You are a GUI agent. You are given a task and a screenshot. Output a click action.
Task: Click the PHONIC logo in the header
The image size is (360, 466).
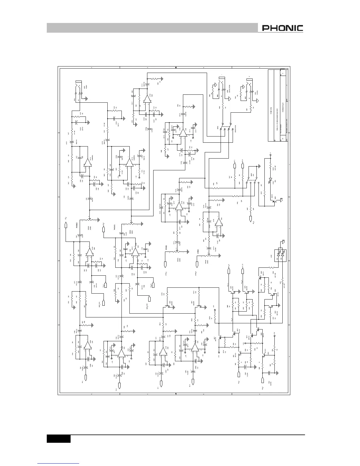click(x=282, y=28)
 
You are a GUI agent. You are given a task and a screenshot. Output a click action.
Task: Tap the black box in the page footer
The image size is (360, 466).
click(x=59, y=439)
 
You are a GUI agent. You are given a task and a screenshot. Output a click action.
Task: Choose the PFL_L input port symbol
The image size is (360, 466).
click(x=86, y=377)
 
